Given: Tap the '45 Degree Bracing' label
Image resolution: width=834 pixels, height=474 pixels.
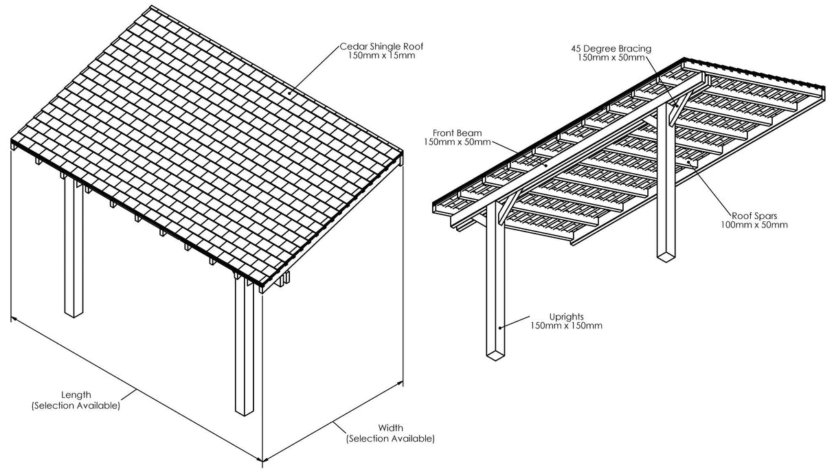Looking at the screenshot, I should pyautogui.click(x=611, y=49).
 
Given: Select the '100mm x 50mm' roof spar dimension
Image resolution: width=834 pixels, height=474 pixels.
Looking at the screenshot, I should pyautogui.click(x=754, y=225).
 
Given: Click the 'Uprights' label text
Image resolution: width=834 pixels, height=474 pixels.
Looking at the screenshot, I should pyautogui.click(x=566, y=317).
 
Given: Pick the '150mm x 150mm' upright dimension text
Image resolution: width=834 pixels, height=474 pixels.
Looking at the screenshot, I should pyautogui.click(x=566, y=326).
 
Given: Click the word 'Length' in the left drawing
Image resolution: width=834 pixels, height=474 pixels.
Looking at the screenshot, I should pyautogui.click(x=76, y=395).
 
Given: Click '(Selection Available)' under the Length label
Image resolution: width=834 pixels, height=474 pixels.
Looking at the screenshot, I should pyautogui.click(x=76, y=405).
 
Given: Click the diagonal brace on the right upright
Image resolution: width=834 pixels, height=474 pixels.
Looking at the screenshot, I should pyautogui.click(x=677, y=110).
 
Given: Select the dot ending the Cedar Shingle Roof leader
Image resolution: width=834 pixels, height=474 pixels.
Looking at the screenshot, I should pyautogui.click(x=290, y=92).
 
